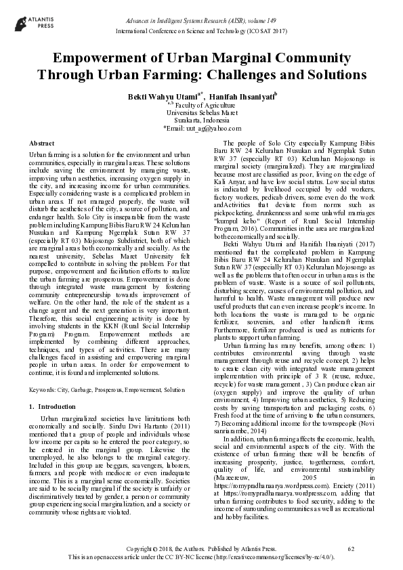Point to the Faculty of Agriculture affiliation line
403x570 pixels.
click(x=201, y=106)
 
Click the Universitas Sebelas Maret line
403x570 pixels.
click(x=201, y=113)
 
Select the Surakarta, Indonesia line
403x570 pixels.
click(x=201, y=120)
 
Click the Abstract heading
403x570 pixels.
click(x=42, y=144)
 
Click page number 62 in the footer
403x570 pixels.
click(x=351, y=548)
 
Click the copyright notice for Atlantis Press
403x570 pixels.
click(x=201, y=548)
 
